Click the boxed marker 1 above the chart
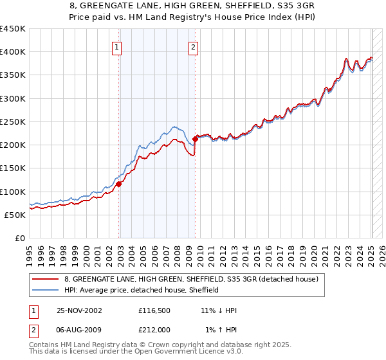[116, 46]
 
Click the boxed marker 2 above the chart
[193, 46]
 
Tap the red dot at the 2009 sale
[195, 138]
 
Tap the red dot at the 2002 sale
[119, 183]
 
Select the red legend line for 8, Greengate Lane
[46, 279]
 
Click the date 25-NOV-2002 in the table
[80, 310]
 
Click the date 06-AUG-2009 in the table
[80, 330]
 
